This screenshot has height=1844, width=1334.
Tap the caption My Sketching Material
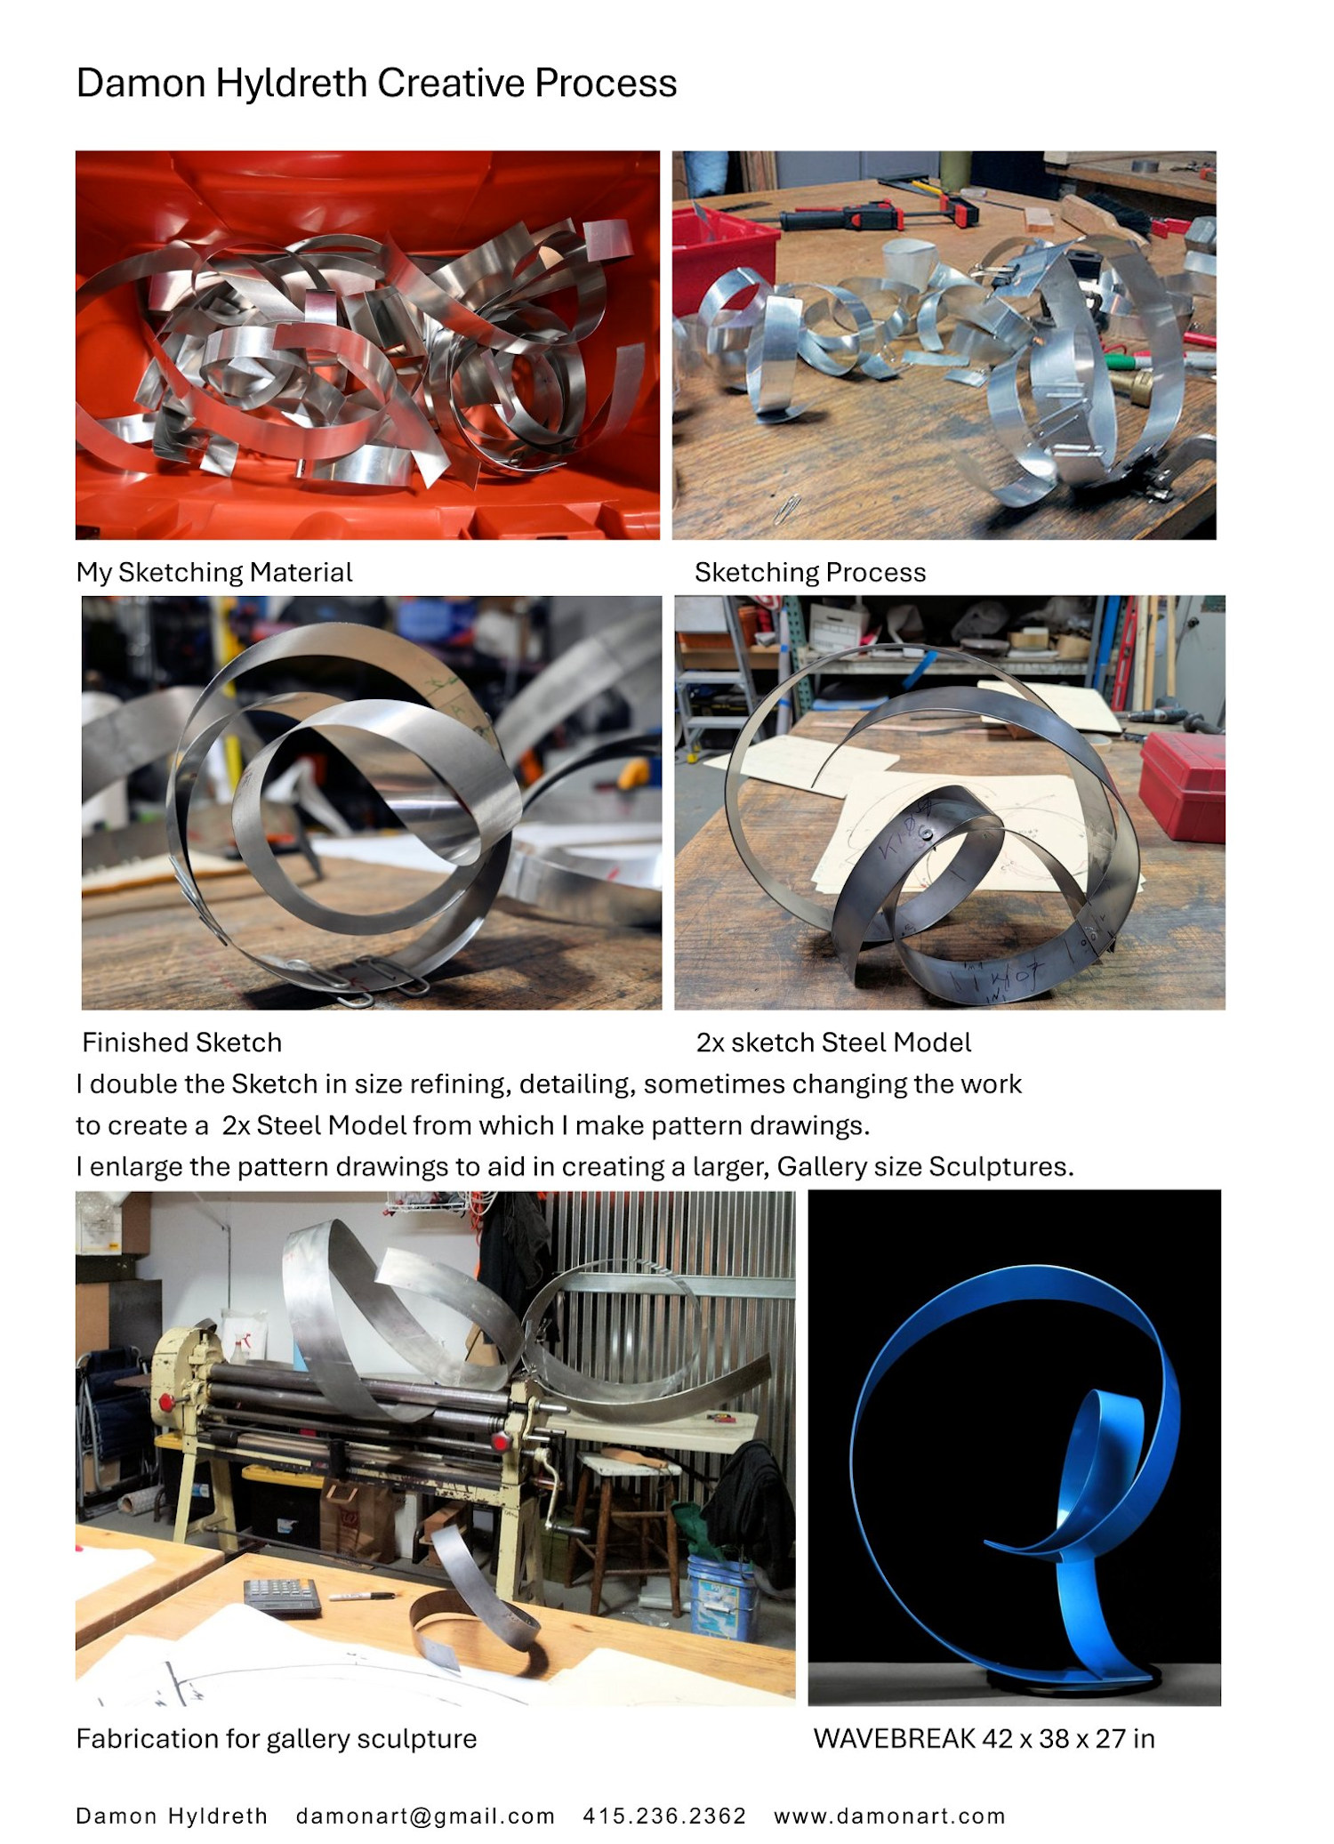click(x=214, y=572)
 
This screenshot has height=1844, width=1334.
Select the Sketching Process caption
click(x=810, y=572)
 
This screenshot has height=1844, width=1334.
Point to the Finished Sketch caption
click(x=181, y=1042)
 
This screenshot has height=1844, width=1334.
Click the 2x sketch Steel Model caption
click(x=833, y=1042)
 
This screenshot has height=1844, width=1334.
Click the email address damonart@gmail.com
click(x=425, y=1816)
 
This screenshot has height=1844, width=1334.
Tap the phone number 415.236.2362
click(x=664, y=1816)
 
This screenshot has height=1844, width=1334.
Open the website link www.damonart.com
click(x=889, y=1816)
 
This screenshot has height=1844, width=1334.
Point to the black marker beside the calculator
click(x=361, y=1597)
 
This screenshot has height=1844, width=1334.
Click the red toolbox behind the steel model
click(x=1182, y=784)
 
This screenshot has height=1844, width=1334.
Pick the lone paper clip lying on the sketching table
click(x=787, y=510)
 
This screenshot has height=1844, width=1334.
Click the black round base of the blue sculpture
click(x=1072, y=1678)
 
